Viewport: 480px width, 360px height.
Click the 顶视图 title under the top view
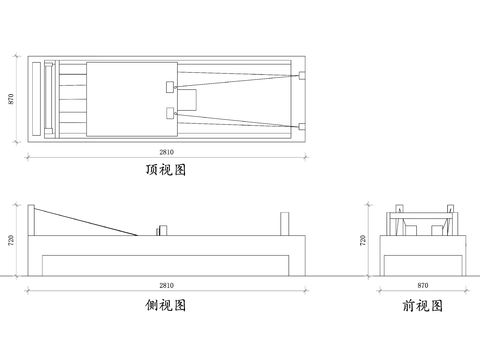(x=166, y=170)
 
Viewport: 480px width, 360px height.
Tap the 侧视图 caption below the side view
(x=166, y=305)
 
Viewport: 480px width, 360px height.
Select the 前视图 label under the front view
(x=422, y=305)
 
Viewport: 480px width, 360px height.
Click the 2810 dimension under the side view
(x=166, y=286)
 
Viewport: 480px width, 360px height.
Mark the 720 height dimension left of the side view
(x=12, y=240)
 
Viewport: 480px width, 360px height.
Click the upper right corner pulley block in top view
(x=301, y=76)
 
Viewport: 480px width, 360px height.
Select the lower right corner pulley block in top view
(x=301, y=125)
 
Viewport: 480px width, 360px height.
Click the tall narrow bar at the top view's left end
(x=38, y=100)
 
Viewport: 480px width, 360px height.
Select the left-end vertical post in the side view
(x=33, y=220)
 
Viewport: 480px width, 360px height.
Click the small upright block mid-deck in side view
(x=158, y=230)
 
